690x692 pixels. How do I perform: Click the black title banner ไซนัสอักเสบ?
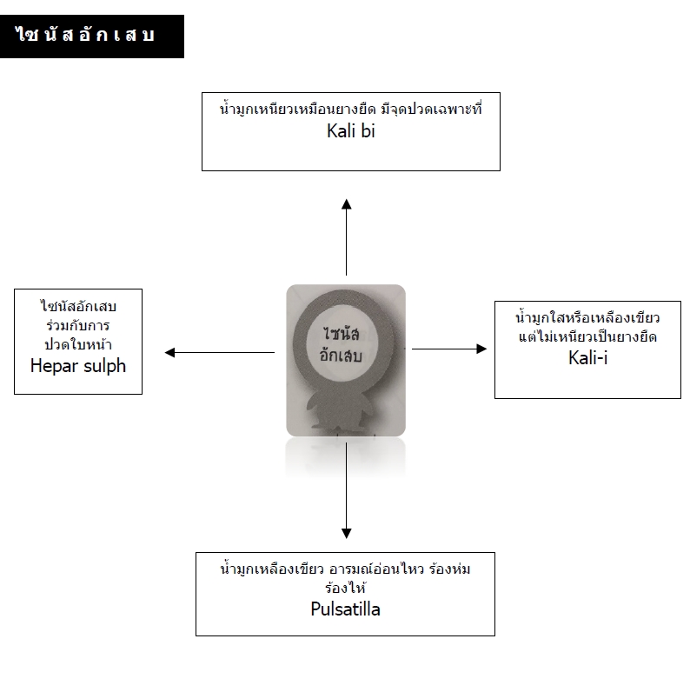pyautogui.click(x=92, y=37)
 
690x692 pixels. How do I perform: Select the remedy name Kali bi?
pyautogui.click(x=351, y=131)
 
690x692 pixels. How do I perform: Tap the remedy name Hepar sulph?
pyautogui.click(x=78, y=366)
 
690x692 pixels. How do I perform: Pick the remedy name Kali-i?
pyautogui.click(x=587, y=358)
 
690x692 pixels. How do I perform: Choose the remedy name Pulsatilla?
pyautogui.click(x=346, y=609)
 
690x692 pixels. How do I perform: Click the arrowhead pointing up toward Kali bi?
pyautogui.click(x=347, y=204)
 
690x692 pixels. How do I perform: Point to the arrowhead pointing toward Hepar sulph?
pyautogui.click(x=169, y=352)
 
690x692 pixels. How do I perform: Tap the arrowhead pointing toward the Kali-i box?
pyautogui.click(x=481, y=349)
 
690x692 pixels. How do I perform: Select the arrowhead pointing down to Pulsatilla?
pyautogui.click(x=347, y=533)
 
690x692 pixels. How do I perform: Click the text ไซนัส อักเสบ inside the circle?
pyautogui.click(x=341, y=344)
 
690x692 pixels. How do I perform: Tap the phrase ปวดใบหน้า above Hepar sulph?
pyautogui.click(x=78, y=343)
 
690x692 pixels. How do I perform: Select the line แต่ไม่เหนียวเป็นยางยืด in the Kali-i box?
pyautogui.click(x=587, y=336)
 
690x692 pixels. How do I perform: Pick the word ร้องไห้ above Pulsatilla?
pyautogui.click(x=346, y=588)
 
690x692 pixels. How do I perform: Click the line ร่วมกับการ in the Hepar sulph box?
pyautogui.click(x=78, y=325)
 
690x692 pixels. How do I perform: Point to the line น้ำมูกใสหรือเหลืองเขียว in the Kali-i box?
pyautogui.click(x=587, y=317)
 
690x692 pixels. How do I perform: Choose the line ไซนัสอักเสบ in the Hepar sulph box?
pyautogui.click(x=78, y=305)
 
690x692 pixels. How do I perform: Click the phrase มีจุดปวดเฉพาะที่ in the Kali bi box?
pyautogui.click(x=432, y=109)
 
